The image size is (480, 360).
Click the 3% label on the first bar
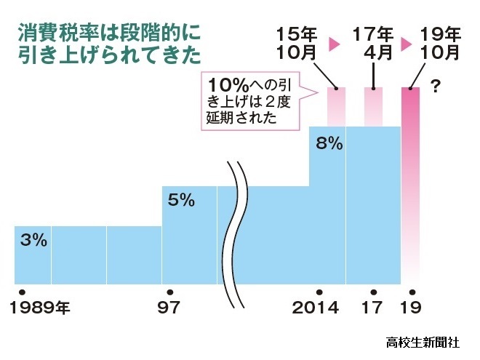click(x=33, y=240)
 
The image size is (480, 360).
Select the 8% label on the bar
click(x=329, y=143)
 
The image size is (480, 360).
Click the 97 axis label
click(x=169, y=308)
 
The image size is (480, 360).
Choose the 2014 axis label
click(x=316, y=308)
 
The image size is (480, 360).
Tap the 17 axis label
click(x=372, y=308)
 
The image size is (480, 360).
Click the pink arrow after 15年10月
click(x=335, y=44)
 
